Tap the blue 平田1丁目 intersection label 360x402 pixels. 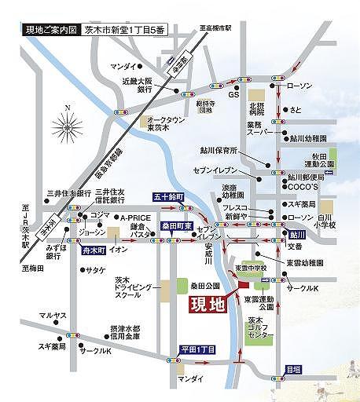[196, 347]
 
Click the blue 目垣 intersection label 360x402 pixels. [292, 367]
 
